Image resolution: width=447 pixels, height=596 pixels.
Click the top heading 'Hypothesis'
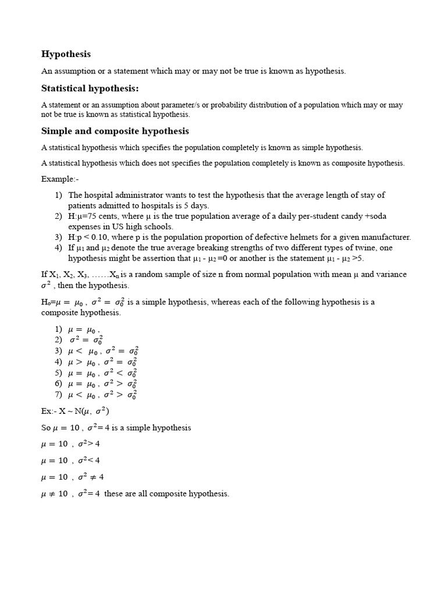[x=66, y=54]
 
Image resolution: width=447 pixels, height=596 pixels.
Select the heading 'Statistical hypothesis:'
[x=90, y=88]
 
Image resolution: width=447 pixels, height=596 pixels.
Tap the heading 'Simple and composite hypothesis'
[x=115, y=131]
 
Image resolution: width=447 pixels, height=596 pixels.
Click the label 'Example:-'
[x=59, y=179]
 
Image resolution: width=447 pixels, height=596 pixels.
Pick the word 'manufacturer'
[x=386, y=237]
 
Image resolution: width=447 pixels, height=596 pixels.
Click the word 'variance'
[x=392, y=274]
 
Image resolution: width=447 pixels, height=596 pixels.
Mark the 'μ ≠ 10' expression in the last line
[x=54, y=494]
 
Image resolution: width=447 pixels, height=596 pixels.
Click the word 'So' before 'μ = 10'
[x=46, y=427]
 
